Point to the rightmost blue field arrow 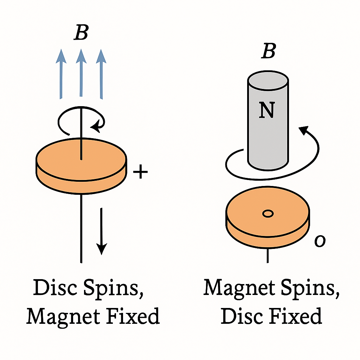(x=101, y=73)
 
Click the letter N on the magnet (x=266, y=110)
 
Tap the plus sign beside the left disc (x=140, y=172)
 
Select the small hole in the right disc (x=268, y=213)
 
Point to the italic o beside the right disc (x=320, y=241)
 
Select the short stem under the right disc (x=268, y=255)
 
